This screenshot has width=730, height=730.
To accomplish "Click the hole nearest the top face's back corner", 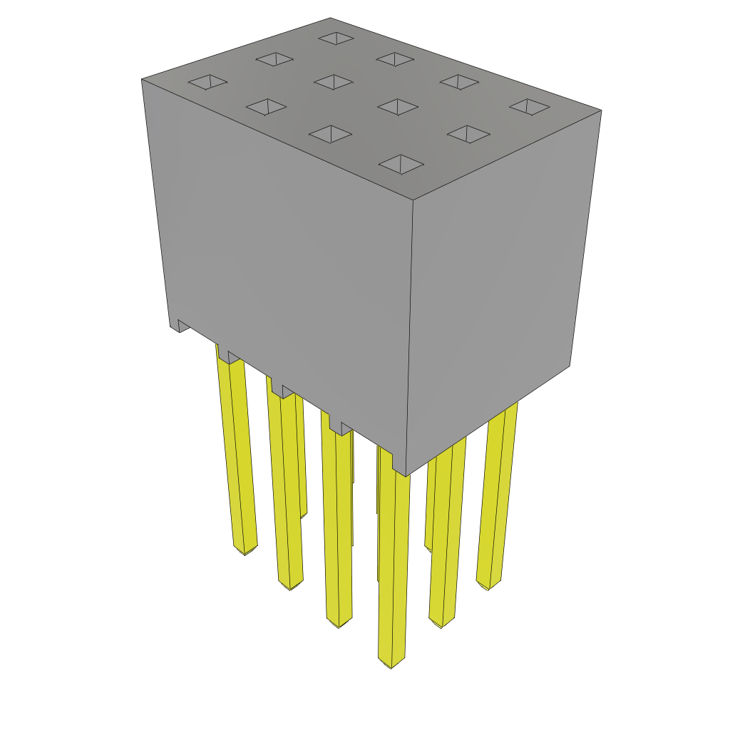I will pos(336,38).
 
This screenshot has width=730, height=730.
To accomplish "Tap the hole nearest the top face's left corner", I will pos(207,83).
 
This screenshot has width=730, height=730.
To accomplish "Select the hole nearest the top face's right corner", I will pos(529,107).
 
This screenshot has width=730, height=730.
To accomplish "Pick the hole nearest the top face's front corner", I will pos(401,165).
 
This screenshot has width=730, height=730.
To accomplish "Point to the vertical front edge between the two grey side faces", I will pos(410,335).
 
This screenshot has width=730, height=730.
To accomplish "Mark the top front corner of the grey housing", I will pos(413,200).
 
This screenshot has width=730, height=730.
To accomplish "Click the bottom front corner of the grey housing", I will pos(406,475).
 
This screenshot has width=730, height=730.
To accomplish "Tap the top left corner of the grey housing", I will pos(143,79).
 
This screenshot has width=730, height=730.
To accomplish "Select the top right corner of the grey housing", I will pos(601,110).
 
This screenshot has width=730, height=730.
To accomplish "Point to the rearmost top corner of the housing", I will pos(331,19).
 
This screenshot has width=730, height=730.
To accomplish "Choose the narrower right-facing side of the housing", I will pos(499,285).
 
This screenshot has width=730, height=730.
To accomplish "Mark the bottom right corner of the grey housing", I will pos(569,366).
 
